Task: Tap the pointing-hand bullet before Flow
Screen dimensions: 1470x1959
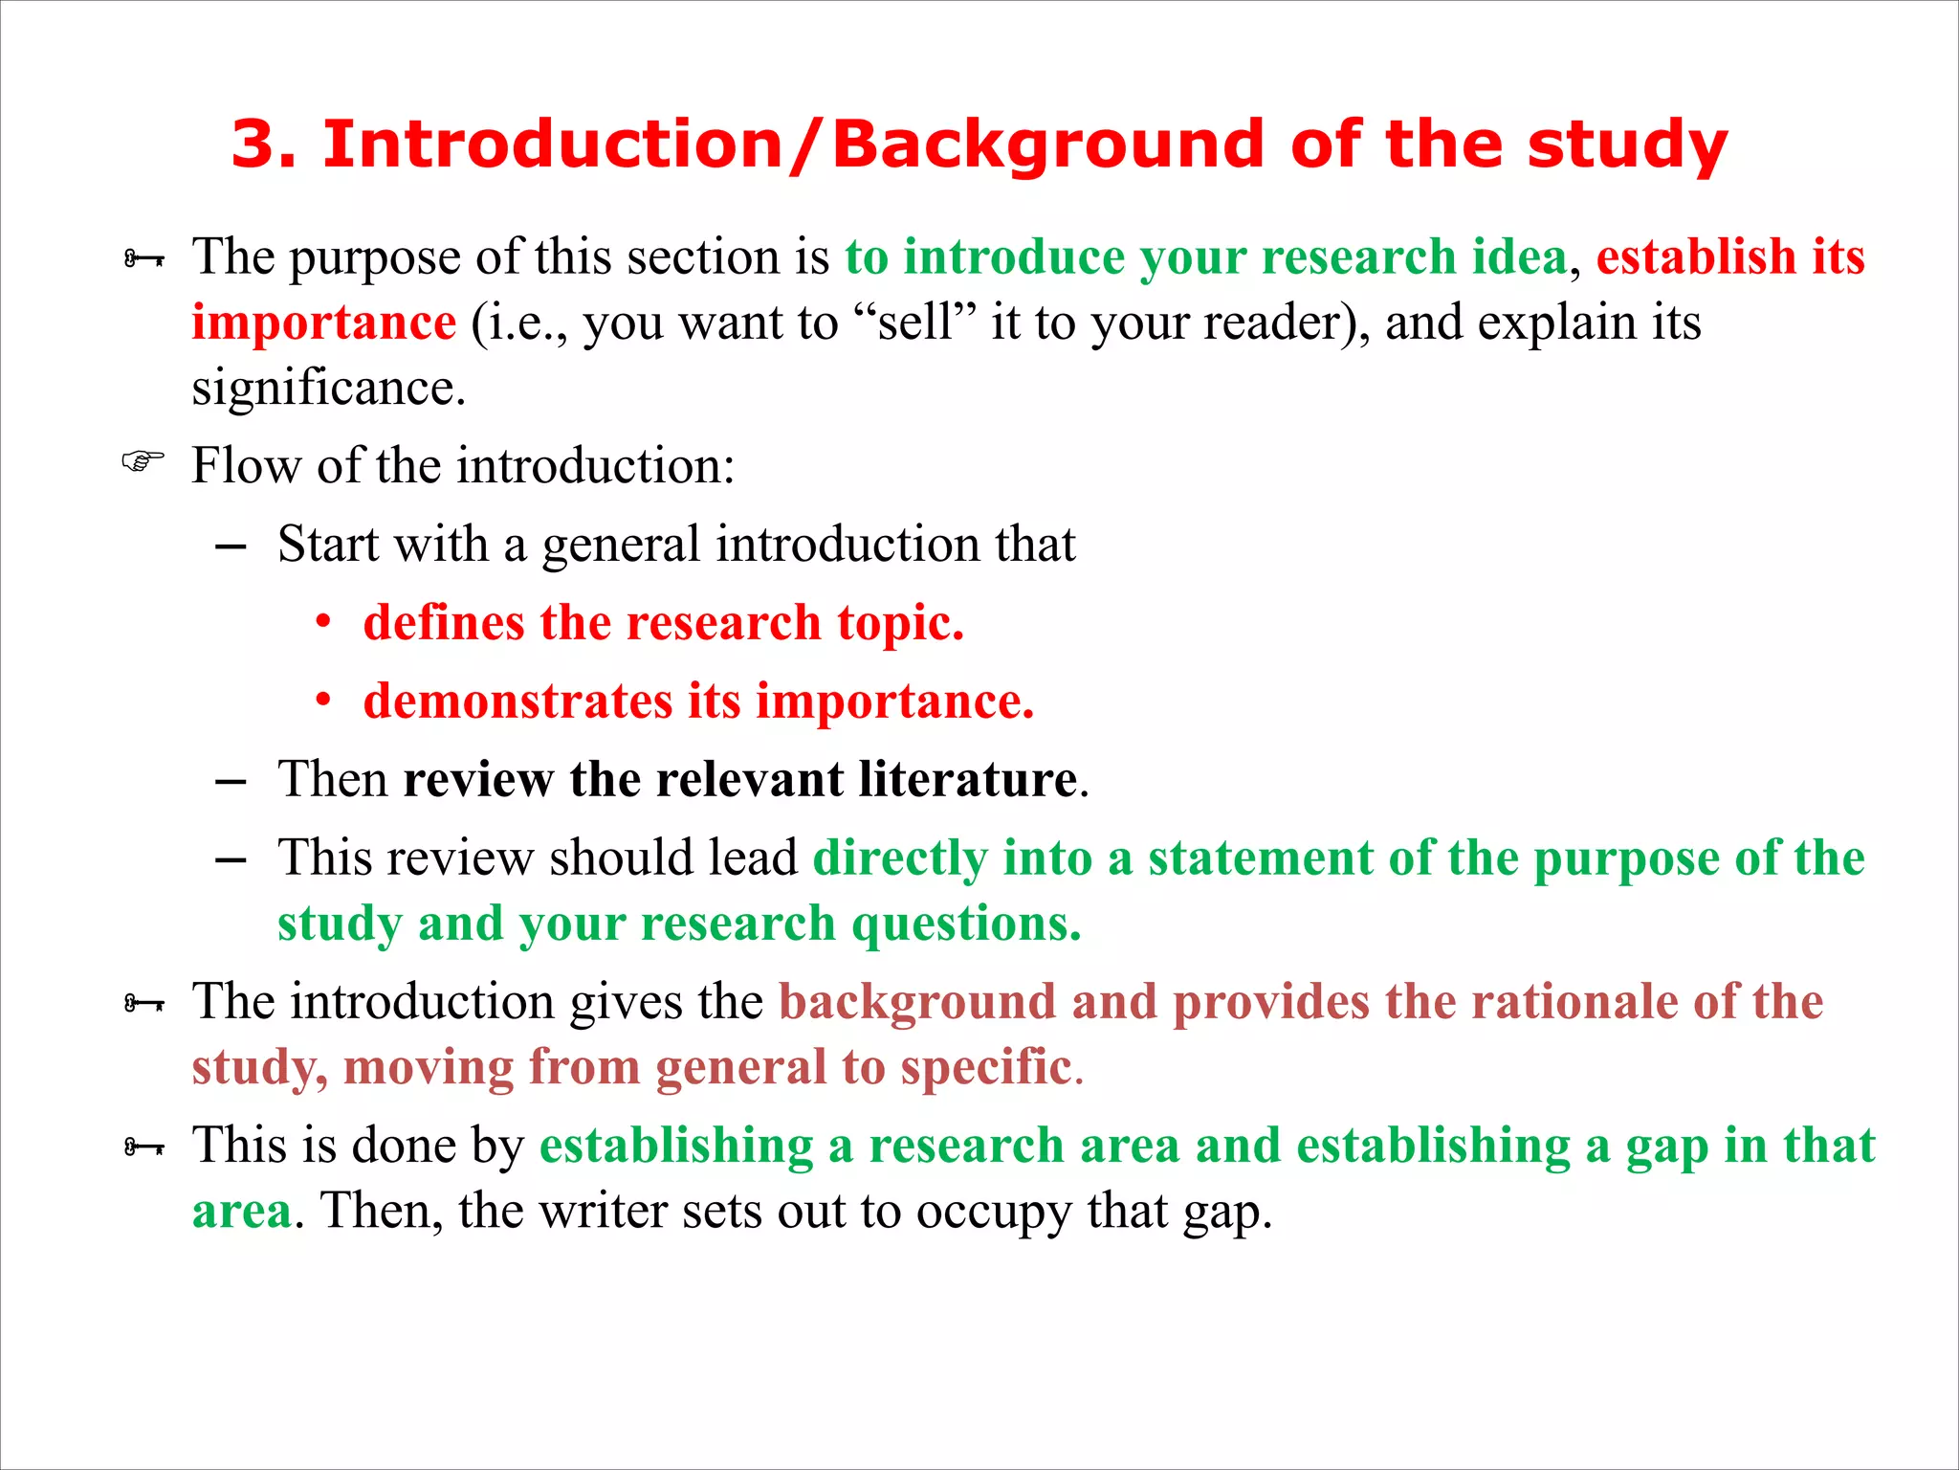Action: pos(143,463)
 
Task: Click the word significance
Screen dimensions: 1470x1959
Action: pos(328,389)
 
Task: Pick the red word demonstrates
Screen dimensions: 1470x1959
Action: pos(517,702)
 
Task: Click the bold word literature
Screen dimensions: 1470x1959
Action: pos(967,779)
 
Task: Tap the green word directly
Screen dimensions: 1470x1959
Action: pos(899,858)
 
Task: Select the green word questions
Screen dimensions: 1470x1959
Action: pos(965,924)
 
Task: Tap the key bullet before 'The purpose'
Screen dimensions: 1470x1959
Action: pos(143,258)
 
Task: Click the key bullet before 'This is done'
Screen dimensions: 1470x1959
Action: pos(143,1147)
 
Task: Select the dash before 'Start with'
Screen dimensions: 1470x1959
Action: pos(231,546)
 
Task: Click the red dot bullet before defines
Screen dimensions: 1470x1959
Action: pos(323,623)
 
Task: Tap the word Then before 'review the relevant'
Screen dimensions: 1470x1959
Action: pos(332,779)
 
